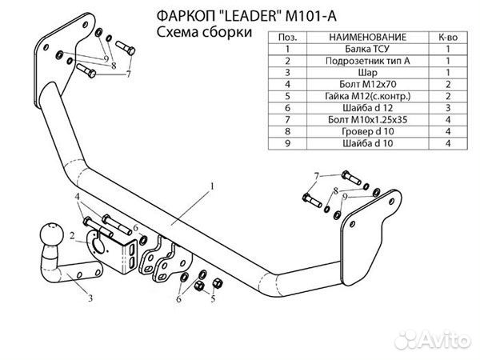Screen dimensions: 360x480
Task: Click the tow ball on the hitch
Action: pos(51,237)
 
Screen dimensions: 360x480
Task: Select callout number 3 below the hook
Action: pos(90,300)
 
